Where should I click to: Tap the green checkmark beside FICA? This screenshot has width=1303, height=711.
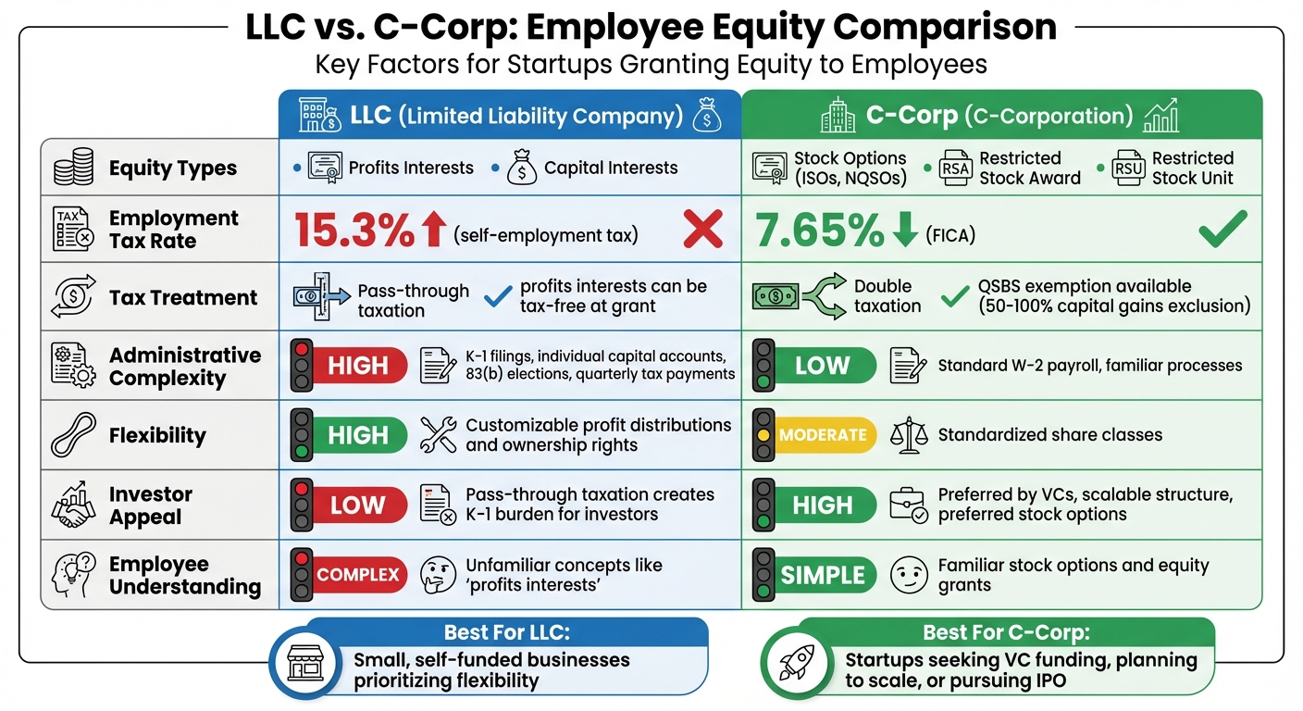(x=1222, y=229)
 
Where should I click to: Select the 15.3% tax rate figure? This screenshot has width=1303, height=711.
(x=354, y=231)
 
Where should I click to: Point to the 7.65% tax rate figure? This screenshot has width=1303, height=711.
(x=820, y=231)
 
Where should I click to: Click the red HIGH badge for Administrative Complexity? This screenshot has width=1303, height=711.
(x=358, y=366)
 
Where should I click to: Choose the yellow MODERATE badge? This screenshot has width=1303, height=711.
(x=823, y=435)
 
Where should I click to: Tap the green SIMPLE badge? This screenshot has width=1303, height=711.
(x=823, y=575)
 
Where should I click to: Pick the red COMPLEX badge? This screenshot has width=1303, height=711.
(x=358, y=575)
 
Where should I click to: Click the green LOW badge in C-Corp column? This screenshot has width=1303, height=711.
(x=823, y=366)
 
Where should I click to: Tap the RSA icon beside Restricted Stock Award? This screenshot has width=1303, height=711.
(x=954, y=168)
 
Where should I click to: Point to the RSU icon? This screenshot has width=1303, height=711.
(x=1128, y=168)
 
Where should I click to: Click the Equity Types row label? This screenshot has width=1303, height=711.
(x=172, y=168)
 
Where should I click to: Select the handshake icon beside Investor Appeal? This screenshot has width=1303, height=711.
(x=74, y=505)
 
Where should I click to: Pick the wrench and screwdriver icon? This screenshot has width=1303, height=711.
(x=438, y=435)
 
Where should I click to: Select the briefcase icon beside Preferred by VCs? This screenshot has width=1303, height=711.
(x=907, y=505)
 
